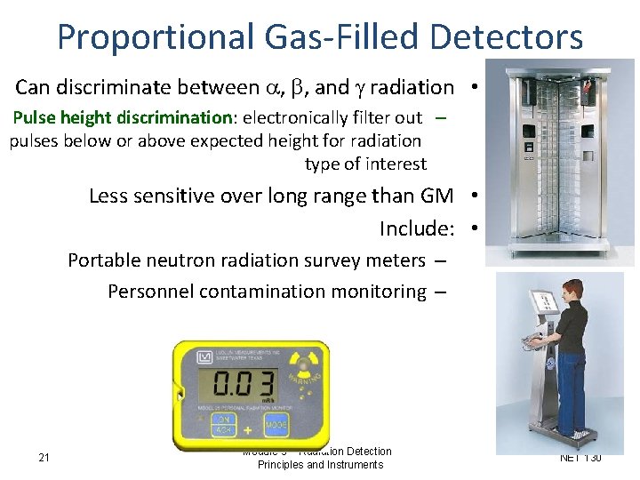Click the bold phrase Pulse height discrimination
pos(123,117)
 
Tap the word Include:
pos(417,228)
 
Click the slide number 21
pos(44,458)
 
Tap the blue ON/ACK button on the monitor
pos(211,424)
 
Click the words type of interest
pos(365,164)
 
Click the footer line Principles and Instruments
pos(320,465)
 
